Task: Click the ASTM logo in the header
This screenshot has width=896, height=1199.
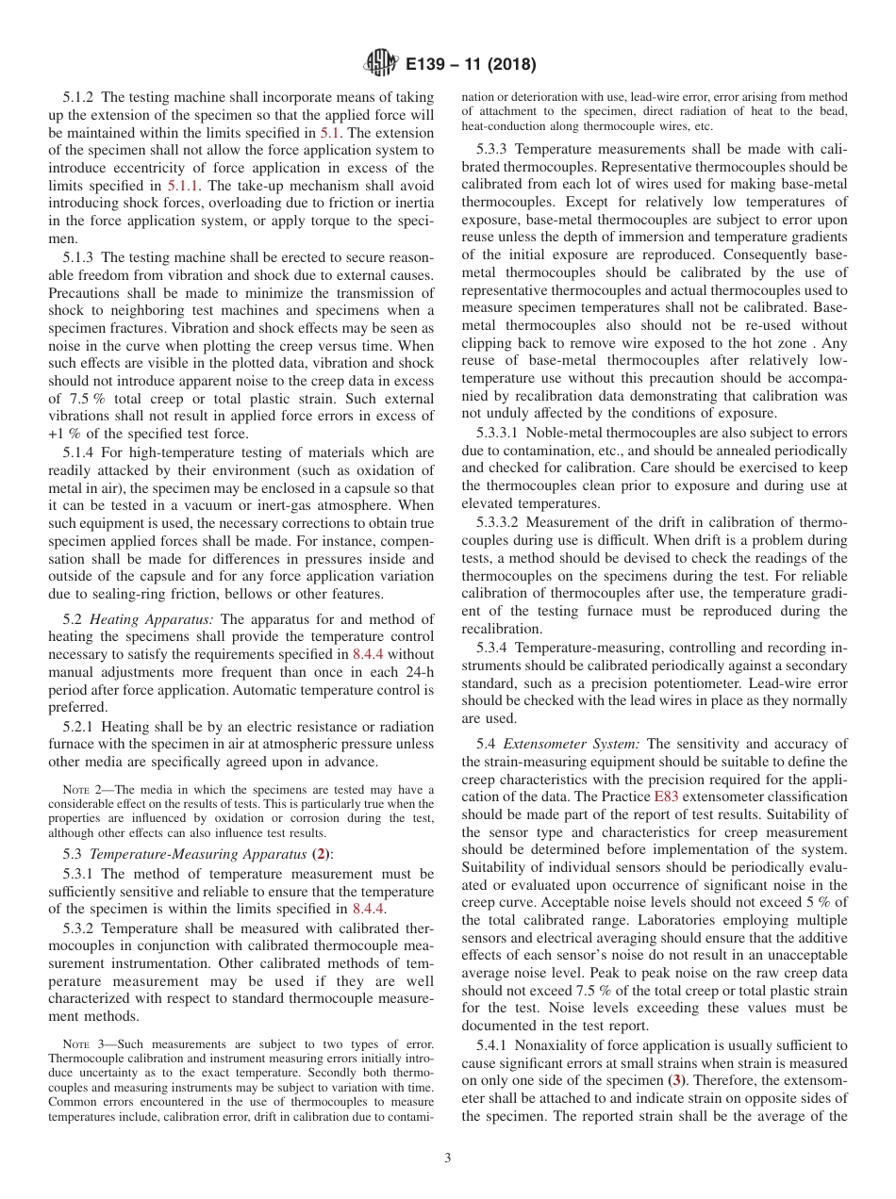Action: click(379, 64)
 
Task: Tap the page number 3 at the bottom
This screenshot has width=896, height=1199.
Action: click(448, 1158)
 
